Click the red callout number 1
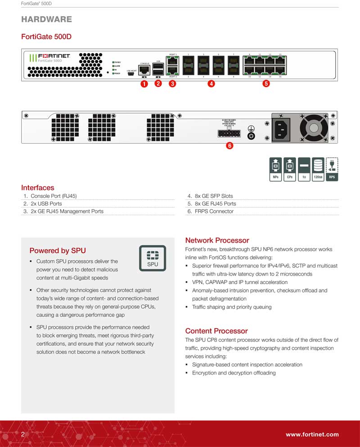pos(144,84)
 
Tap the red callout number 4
pos(211,84)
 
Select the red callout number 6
pos(229,146)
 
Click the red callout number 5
pos(266,84)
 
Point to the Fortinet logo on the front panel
pos(53,56)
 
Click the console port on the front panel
pos(145,70)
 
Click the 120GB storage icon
pos(318,169)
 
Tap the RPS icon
pos(332,169)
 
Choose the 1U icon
pos(304,169)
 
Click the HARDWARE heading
pos(46,19)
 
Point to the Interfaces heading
pos(38,188)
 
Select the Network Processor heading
pos(217,240)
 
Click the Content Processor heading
pos(217,331)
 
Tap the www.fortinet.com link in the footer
pos(312,434)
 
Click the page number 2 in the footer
pos(23,434)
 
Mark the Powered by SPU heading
pos(58,251)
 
